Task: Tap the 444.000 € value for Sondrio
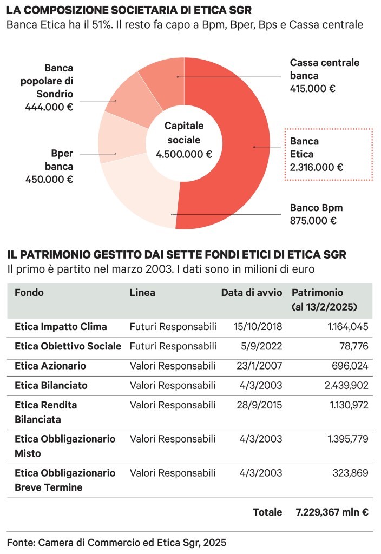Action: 49,107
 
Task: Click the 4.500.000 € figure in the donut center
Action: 184,154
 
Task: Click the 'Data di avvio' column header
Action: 251,293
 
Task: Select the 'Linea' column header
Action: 142,293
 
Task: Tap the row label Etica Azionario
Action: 50,366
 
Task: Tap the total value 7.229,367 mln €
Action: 332,512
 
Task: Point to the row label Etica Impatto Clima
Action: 61,326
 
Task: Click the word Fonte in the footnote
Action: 19,542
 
